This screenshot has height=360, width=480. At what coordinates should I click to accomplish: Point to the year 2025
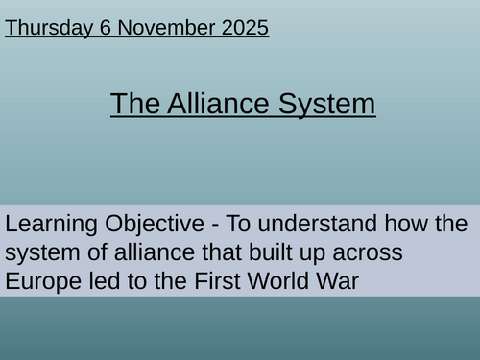244,28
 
